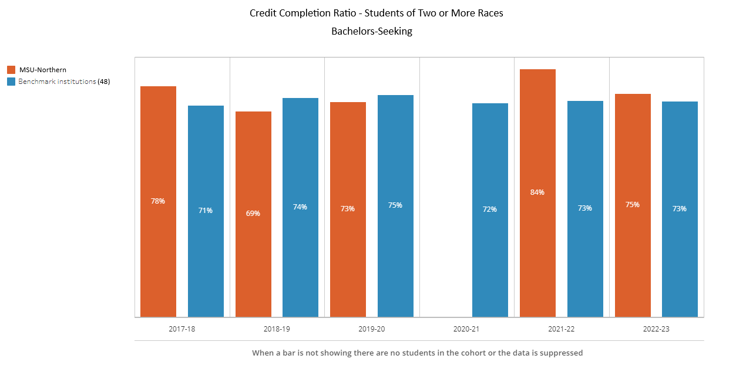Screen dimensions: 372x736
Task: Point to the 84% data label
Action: (537, 192)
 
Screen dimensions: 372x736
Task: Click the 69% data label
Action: (253, 214)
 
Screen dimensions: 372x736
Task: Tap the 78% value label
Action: (158, 201)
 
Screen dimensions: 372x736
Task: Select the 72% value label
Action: (490, 209)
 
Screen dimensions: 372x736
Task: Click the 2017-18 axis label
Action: (182, 329)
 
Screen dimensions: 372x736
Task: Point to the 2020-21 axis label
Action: (466, 329)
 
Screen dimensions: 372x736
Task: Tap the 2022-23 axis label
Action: (656, 329)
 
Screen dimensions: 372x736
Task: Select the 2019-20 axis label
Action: (372, 329)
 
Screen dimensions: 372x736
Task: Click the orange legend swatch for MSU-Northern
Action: (11, 70)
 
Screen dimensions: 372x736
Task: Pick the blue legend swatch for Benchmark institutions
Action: (11, 82)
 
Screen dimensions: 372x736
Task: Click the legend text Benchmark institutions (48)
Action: (64, 82)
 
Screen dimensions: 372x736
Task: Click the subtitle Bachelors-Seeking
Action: (372, 32)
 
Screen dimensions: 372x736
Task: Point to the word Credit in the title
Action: (263, 13)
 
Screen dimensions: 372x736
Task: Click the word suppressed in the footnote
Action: (562, 353)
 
